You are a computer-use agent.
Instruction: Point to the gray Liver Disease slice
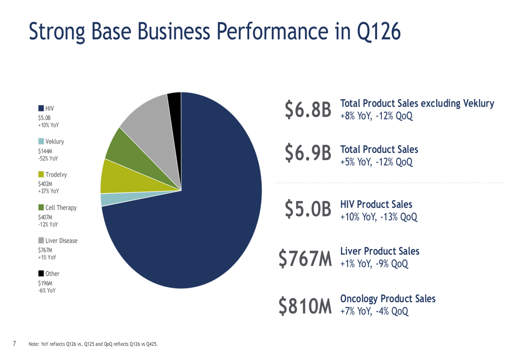tap(151, 121)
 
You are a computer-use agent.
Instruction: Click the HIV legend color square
tap(41, 108)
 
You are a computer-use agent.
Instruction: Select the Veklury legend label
tap(55, 141)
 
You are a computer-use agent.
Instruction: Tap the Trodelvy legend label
tap(56, 174)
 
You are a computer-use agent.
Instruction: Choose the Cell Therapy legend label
tap(61, 208)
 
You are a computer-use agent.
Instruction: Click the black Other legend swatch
tap(41, 273)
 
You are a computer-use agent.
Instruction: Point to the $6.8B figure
tap(308, 110)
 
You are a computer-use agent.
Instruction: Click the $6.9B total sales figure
tap(308, 153)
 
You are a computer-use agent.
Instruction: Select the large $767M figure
tap(305, 259)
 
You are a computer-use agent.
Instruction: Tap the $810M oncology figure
tap(305, 306)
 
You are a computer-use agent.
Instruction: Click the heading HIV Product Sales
tap(376, 204)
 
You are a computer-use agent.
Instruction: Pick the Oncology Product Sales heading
tap(388, 299)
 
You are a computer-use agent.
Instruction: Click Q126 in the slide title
tap(379, 32)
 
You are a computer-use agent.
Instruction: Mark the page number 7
tap(14, 343)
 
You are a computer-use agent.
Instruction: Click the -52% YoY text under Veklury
tap(48, 158)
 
